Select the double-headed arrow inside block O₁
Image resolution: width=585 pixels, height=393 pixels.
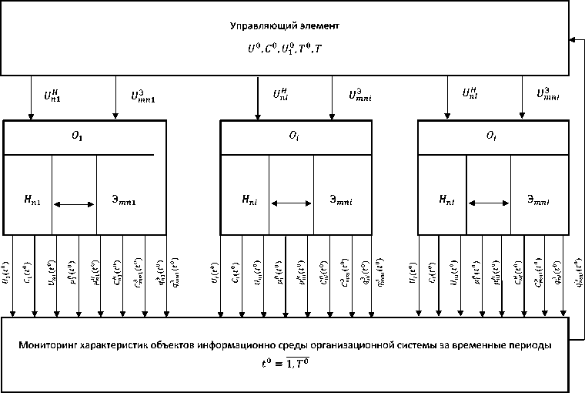point(75,203)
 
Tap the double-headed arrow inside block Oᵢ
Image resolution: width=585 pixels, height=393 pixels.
point(291,203)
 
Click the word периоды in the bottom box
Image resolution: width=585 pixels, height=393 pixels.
point(531,346)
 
